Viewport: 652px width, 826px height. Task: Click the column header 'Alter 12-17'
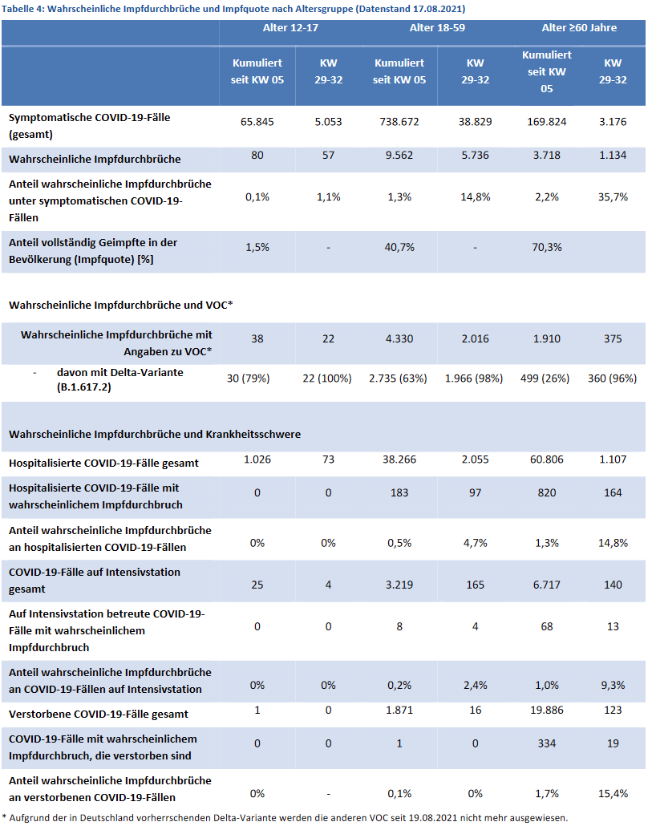(291, 28)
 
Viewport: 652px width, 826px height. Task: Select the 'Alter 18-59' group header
(437, 28)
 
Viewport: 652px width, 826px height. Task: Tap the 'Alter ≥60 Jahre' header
(579, 28)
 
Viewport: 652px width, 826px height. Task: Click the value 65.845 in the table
(257, 122)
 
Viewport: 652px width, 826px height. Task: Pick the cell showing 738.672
(399, 122)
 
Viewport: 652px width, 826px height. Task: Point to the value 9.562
(399, 156)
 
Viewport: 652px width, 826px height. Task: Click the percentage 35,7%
(613, 197)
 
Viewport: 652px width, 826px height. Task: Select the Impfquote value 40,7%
(399, 247)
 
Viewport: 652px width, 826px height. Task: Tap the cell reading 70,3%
(547, 247)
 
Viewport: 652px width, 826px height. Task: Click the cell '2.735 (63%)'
(398, 379)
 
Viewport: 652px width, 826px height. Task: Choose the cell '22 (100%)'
(327, 379)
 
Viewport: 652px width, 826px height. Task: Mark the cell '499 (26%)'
(545, 379)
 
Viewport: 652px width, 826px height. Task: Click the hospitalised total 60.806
(547, 460)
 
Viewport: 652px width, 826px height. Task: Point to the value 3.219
(399, 585)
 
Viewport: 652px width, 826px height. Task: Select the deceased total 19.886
(547, 710)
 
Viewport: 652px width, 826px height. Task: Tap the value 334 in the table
(547, 743)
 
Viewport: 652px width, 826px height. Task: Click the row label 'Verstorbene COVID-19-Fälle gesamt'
(99, 715)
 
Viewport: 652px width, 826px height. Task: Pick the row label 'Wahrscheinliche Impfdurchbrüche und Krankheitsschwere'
(155, 434)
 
